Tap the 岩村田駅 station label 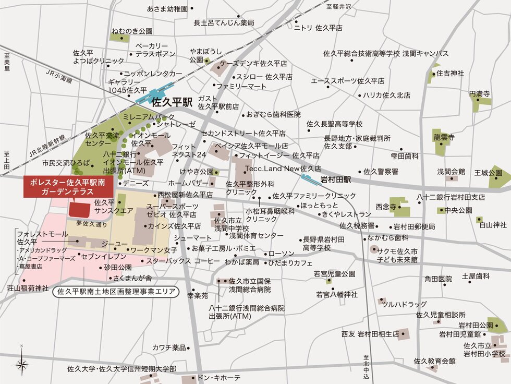coord(336,179)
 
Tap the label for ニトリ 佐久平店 coord(318,28)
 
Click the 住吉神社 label coord(450,74)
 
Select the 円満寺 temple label coord(479,94)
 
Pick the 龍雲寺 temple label coord(443,137)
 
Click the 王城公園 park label coord(488,172)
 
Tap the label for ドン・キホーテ coord(220,377)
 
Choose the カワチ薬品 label coord(169,347)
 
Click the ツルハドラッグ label coord(404,304)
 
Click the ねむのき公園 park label coord(131,31)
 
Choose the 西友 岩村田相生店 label coord(370,333)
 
